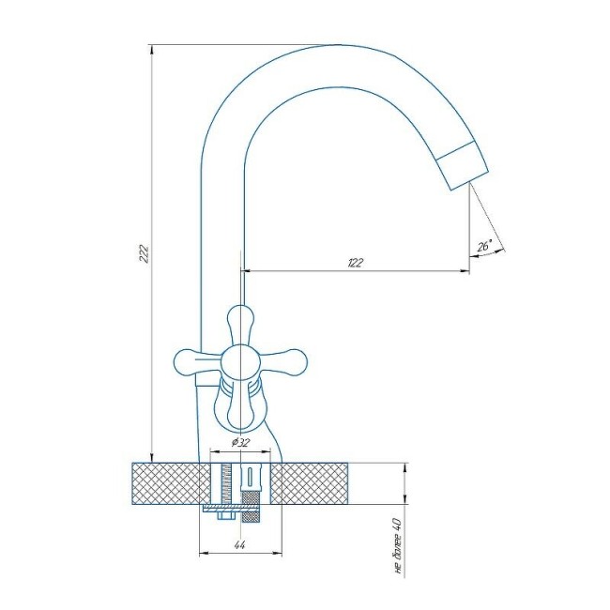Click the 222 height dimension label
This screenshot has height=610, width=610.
[144, 253]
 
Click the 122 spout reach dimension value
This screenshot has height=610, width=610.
[355, 263]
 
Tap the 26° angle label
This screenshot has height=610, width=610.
[484, 246]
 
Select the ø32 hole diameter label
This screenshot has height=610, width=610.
[240, 442]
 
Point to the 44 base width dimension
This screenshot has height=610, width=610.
[239, 545]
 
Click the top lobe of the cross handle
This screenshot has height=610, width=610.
[241, 324]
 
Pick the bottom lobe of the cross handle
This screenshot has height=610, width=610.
[241, 412]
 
